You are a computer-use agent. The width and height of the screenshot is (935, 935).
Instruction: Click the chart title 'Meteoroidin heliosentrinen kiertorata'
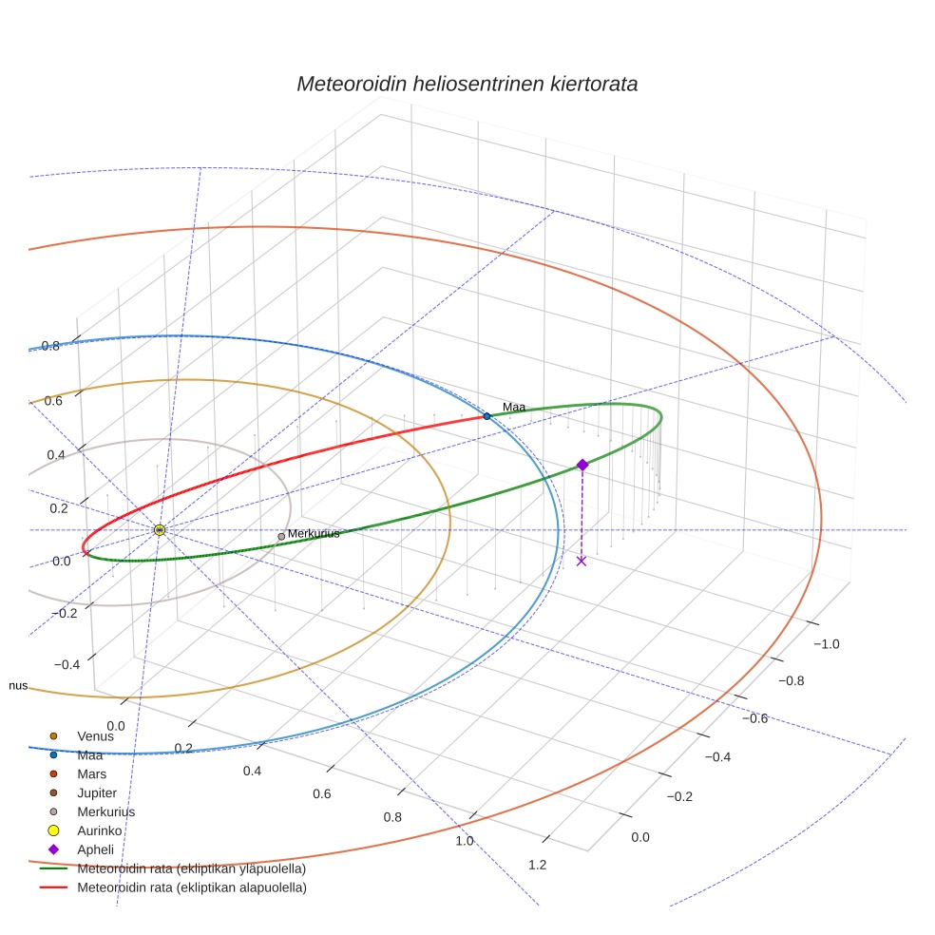[x=467, y=84]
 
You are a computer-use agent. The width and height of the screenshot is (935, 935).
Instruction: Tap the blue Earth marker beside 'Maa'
[x=487, y=416]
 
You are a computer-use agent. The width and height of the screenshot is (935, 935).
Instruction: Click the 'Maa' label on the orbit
[x=513, y=408]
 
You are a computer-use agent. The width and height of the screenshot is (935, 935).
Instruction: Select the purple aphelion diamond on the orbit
[x=582, y=465]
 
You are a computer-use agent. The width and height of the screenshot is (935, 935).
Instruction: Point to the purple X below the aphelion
[x=582, y=561]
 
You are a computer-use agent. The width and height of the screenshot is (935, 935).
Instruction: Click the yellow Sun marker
[x=160, y=529]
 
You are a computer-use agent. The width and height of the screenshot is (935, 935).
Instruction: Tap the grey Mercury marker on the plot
[x=281, y=537]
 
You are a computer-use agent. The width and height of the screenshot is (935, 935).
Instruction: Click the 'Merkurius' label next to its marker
[x=314, y=534]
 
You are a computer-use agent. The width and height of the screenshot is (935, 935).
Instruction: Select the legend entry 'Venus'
[x=95, y=735]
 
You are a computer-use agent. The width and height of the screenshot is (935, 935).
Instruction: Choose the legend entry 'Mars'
[x=91, y=774]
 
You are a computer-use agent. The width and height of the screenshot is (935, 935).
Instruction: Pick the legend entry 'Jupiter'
[x=97, y=793]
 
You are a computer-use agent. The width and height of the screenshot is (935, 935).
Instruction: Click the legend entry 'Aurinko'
[x=99, y=830]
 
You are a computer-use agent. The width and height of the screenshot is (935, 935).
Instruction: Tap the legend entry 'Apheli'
[x=94, y=849]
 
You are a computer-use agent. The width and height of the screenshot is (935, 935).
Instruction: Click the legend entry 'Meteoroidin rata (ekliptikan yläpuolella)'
[x=191, y=868]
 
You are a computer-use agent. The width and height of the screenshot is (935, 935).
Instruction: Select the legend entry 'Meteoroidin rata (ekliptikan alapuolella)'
[x=191, y=887]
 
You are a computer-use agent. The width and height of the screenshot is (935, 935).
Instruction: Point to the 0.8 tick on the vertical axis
[x=50, y=346]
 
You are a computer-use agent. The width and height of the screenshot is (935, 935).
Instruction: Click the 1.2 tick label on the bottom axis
[x=537, y=864]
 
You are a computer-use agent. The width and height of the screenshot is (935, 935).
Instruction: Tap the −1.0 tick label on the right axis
[x=826, y=644]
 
